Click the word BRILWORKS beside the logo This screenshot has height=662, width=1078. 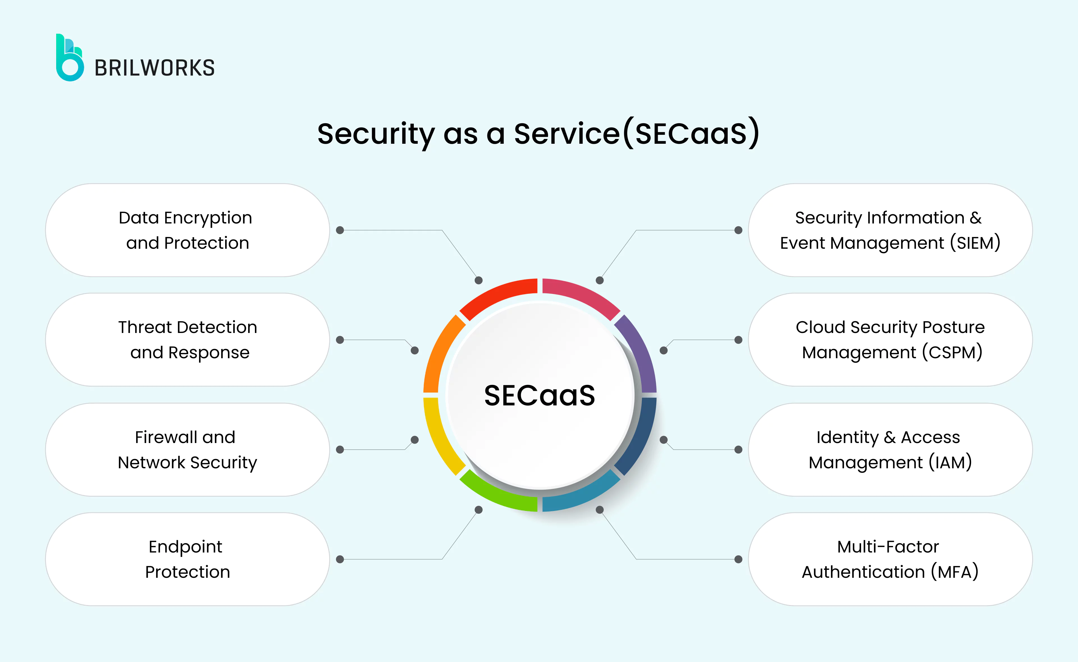pyautogui.click(x=154, y=68)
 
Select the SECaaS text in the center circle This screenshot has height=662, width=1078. pyautogui.click(x=539, y=395)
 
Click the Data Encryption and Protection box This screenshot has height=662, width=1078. pyautogui.click(x=187, y=230)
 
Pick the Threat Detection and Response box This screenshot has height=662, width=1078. pyautogui.click(x=187, y=340)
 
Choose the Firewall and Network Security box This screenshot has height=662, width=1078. pyautogui.click(x=187, y=450)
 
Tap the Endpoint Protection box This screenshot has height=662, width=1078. pyautogui.click(x=187, y=559)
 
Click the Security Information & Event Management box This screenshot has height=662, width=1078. pyautogui.click(x=890, y=230)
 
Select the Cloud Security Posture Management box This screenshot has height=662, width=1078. pyautogui.click(x=890, y=340)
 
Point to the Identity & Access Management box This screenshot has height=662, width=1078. pyautogui.click(x=890, y=450)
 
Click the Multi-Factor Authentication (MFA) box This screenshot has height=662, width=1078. pyautogui.click(x=890, y=559)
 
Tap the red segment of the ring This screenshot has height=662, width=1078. pyautogui.click(x=495, y=293)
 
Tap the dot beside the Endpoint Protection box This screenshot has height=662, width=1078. pyautogui.click(x=340, y=559)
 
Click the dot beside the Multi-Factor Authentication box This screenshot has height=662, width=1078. pyautogui.click(x=738, y=559)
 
